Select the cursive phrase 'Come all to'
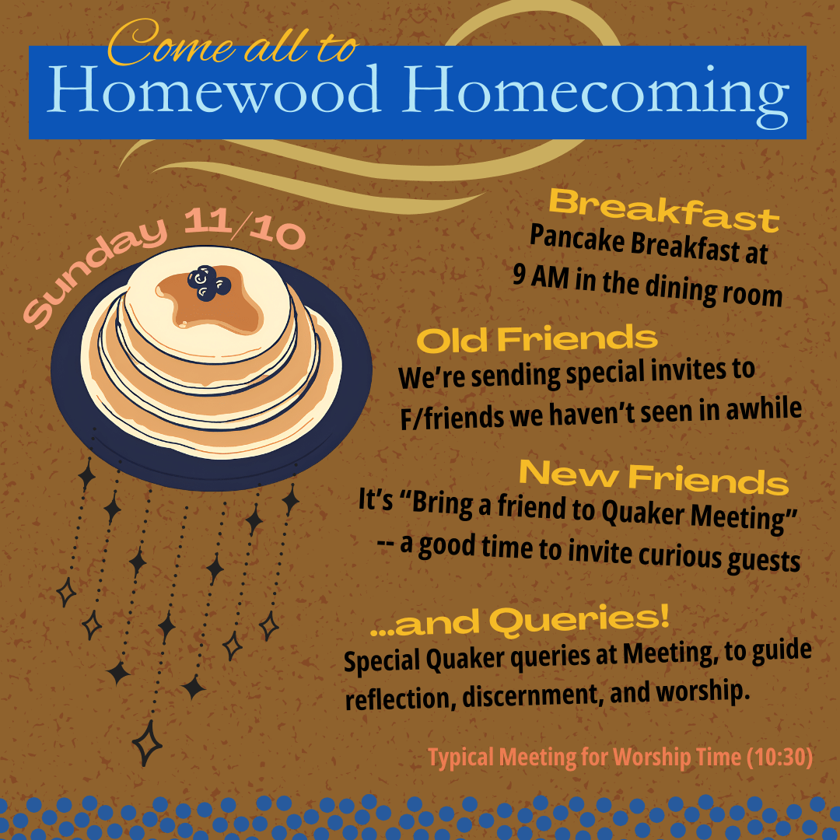pyautogui.click(x=232, y=43)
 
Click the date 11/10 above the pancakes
pyautogui.click(x=244, y=228)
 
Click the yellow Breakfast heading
pyautogui.click(x=664, y=210)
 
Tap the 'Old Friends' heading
pyautogui.click(x=537, y=340)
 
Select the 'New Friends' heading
pyautogui.click(x=653, y=477)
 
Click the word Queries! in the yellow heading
pyautogui.click(x=579, y=621)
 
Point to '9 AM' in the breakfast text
pyautogui.click(x=541, y=276)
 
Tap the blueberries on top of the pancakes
pyautogui.click(x=208, y=282)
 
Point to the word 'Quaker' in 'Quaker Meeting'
pyautogui.click(x=642, y=513)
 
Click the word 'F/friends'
pyautogui.click(x=452, y=418)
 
